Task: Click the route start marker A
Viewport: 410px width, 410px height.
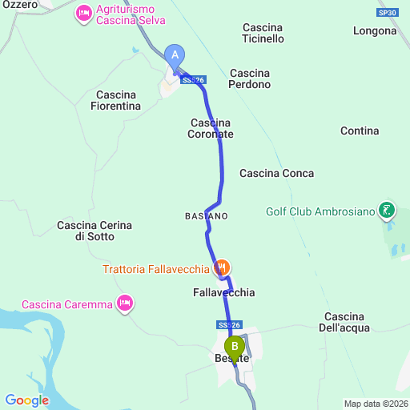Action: (175, 55)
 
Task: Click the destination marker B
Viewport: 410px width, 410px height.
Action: (235, 348)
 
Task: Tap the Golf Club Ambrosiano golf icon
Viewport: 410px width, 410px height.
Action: (388, 211)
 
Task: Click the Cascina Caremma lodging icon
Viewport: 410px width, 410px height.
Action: (124, 303)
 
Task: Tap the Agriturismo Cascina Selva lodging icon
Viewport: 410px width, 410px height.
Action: (84, 14)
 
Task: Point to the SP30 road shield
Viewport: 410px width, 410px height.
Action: (388, 13)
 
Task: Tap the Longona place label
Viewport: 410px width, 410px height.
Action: (374, 31)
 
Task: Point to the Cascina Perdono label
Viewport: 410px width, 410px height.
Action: (250, 78)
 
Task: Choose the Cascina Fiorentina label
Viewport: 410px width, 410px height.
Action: (116, 100)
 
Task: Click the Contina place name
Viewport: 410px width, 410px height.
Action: (360, 131)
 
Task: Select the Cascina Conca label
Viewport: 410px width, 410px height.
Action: (276, 173)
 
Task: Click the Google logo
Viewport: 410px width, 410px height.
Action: (26, 400)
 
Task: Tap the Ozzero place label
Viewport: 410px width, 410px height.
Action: (19, 5)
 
